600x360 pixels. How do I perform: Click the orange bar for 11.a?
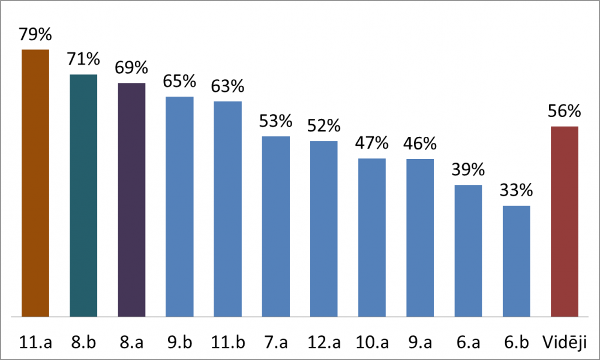point(35,182)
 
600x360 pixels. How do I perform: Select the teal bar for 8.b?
point(83,195)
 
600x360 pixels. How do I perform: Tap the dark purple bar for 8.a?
point(131,199)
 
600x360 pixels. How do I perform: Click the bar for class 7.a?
point(276,226)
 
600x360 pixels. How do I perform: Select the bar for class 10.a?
point(372,237)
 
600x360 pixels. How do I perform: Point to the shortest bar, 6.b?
point(516,261)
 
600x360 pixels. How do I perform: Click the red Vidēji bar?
point(564,221)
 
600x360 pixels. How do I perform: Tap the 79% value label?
point(35,34)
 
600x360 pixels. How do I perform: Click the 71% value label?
point(83,59)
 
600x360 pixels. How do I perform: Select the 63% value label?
point(227,86)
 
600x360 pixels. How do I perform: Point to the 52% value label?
point(324,126)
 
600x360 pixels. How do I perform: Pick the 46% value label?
point(420,144)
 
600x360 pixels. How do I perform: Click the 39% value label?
point(468,170)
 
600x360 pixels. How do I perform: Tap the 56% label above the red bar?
point(564,112)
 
